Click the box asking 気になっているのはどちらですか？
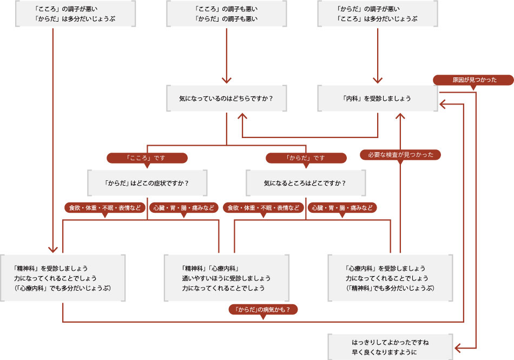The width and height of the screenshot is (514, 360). (x=226, y=99)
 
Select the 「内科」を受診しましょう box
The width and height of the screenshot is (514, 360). (x=377, y=99)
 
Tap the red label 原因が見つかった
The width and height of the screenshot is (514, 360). (x=473, y=80)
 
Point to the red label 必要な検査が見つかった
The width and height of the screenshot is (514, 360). (x=400, y=155)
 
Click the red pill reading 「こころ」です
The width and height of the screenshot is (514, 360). (x=147, y=158)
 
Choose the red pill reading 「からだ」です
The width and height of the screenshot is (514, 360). (x=306, y=158)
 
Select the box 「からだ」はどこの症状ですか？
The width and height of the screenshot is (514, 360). (x=147, y=183)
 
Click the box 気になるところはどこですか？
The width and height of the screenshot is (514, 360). (x=306, y=183)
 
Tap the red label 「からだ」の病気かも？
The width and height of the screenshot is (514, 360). (x=263, y=310)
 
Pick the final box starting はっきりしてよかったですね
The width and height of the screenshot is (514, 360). (x=390, y=347)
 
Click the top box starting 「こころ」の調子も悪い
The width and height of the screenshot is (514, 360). (x=226, y=14)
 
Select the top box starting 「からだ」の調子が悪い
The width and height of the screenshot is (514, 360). (x=377, y=14)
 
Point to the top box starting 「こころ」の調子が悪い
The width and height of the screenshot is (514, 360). (x=75, y=14)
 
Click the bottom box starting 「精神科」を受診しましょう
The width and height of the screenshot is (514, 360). (x=63, y=278)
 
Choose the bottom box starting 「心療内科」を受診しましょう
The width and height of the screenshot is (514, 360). (x=390, y=278)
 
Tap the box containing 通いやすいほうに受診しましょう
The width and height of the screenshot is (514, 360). (x=226, y=278)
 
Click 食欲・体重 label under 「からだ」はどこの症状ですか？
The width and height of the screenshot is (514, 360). (x=105, y=207)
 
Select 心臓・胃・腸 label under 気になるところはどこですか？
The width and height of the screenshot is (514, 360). (x=342, y=207)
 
